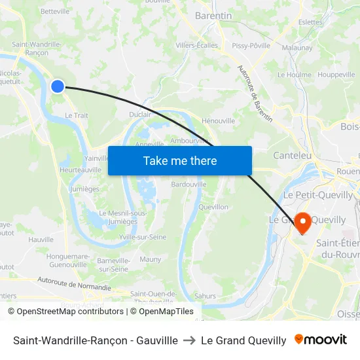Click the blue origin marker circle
click(x=58, y=86)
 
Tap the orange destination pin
click(x=303, y=222)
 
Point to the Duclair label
click(x=140, y=114)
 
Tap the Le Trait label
click(x=76, y=115)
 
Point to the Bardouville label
click(x=189, y=185)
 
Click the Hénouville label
click(x=219, y=120)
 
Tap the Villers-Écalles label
click(x=197, y=46)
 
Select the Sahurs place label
click(x=205, y=296)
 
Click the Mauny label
click(x=151, y=259)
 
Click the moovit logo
click(x=321, y=340)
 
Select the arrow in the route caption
click(x=187, y=340)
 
